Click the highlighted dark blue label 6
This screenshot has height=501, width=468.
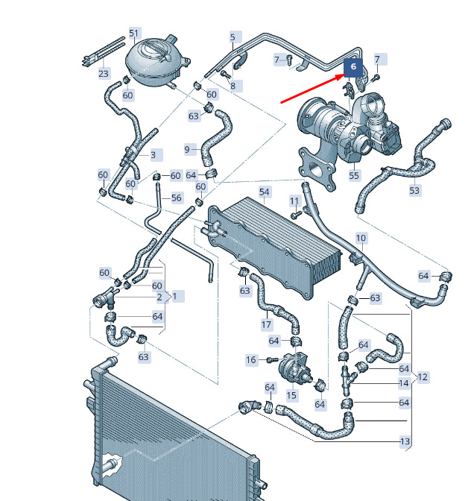pyautogui.click(x=353, y=67)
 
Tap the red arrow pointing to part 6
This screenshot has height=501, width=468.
pyautogui.click(x=313, y=89)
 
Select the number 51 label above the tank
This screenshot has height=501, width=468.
pyautogui.click(x=134, y=34)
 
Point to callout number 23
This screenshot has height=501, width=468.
pyautogui.click(x=104, y=74)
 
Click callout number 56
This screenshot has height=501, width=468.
pyautogui.click(x=177, y=198)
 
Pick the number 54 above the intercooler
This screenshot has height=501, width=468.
pyautogui.click(x=265, y=192)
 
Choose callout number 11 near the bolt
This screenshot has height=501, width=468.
pyautogui.click(x=294, y=201)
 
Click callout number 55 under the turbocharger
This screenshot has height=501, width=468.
pyautogui.click(x=354, y=175)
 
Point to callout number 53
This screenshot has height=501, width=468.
pyautogui.click(x=414, y=190)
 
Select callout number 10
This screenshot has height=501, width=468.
pyautogui.click(x=361, y=238)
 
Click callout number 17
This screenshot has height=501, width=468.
pyautogui.click(x=266, y=324)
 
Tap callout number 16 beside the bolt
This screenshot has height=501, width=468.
pyautogui.click(x=251, y=360)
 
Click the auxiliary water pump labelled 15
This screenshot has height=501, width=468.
pyautogui.click(x=294, y=368)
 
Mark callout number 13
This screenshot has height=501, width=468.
pyautogui.click(x=405, y=441)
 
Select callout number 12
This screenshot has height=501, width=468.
pyautogui.click(x=423, y=377)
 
